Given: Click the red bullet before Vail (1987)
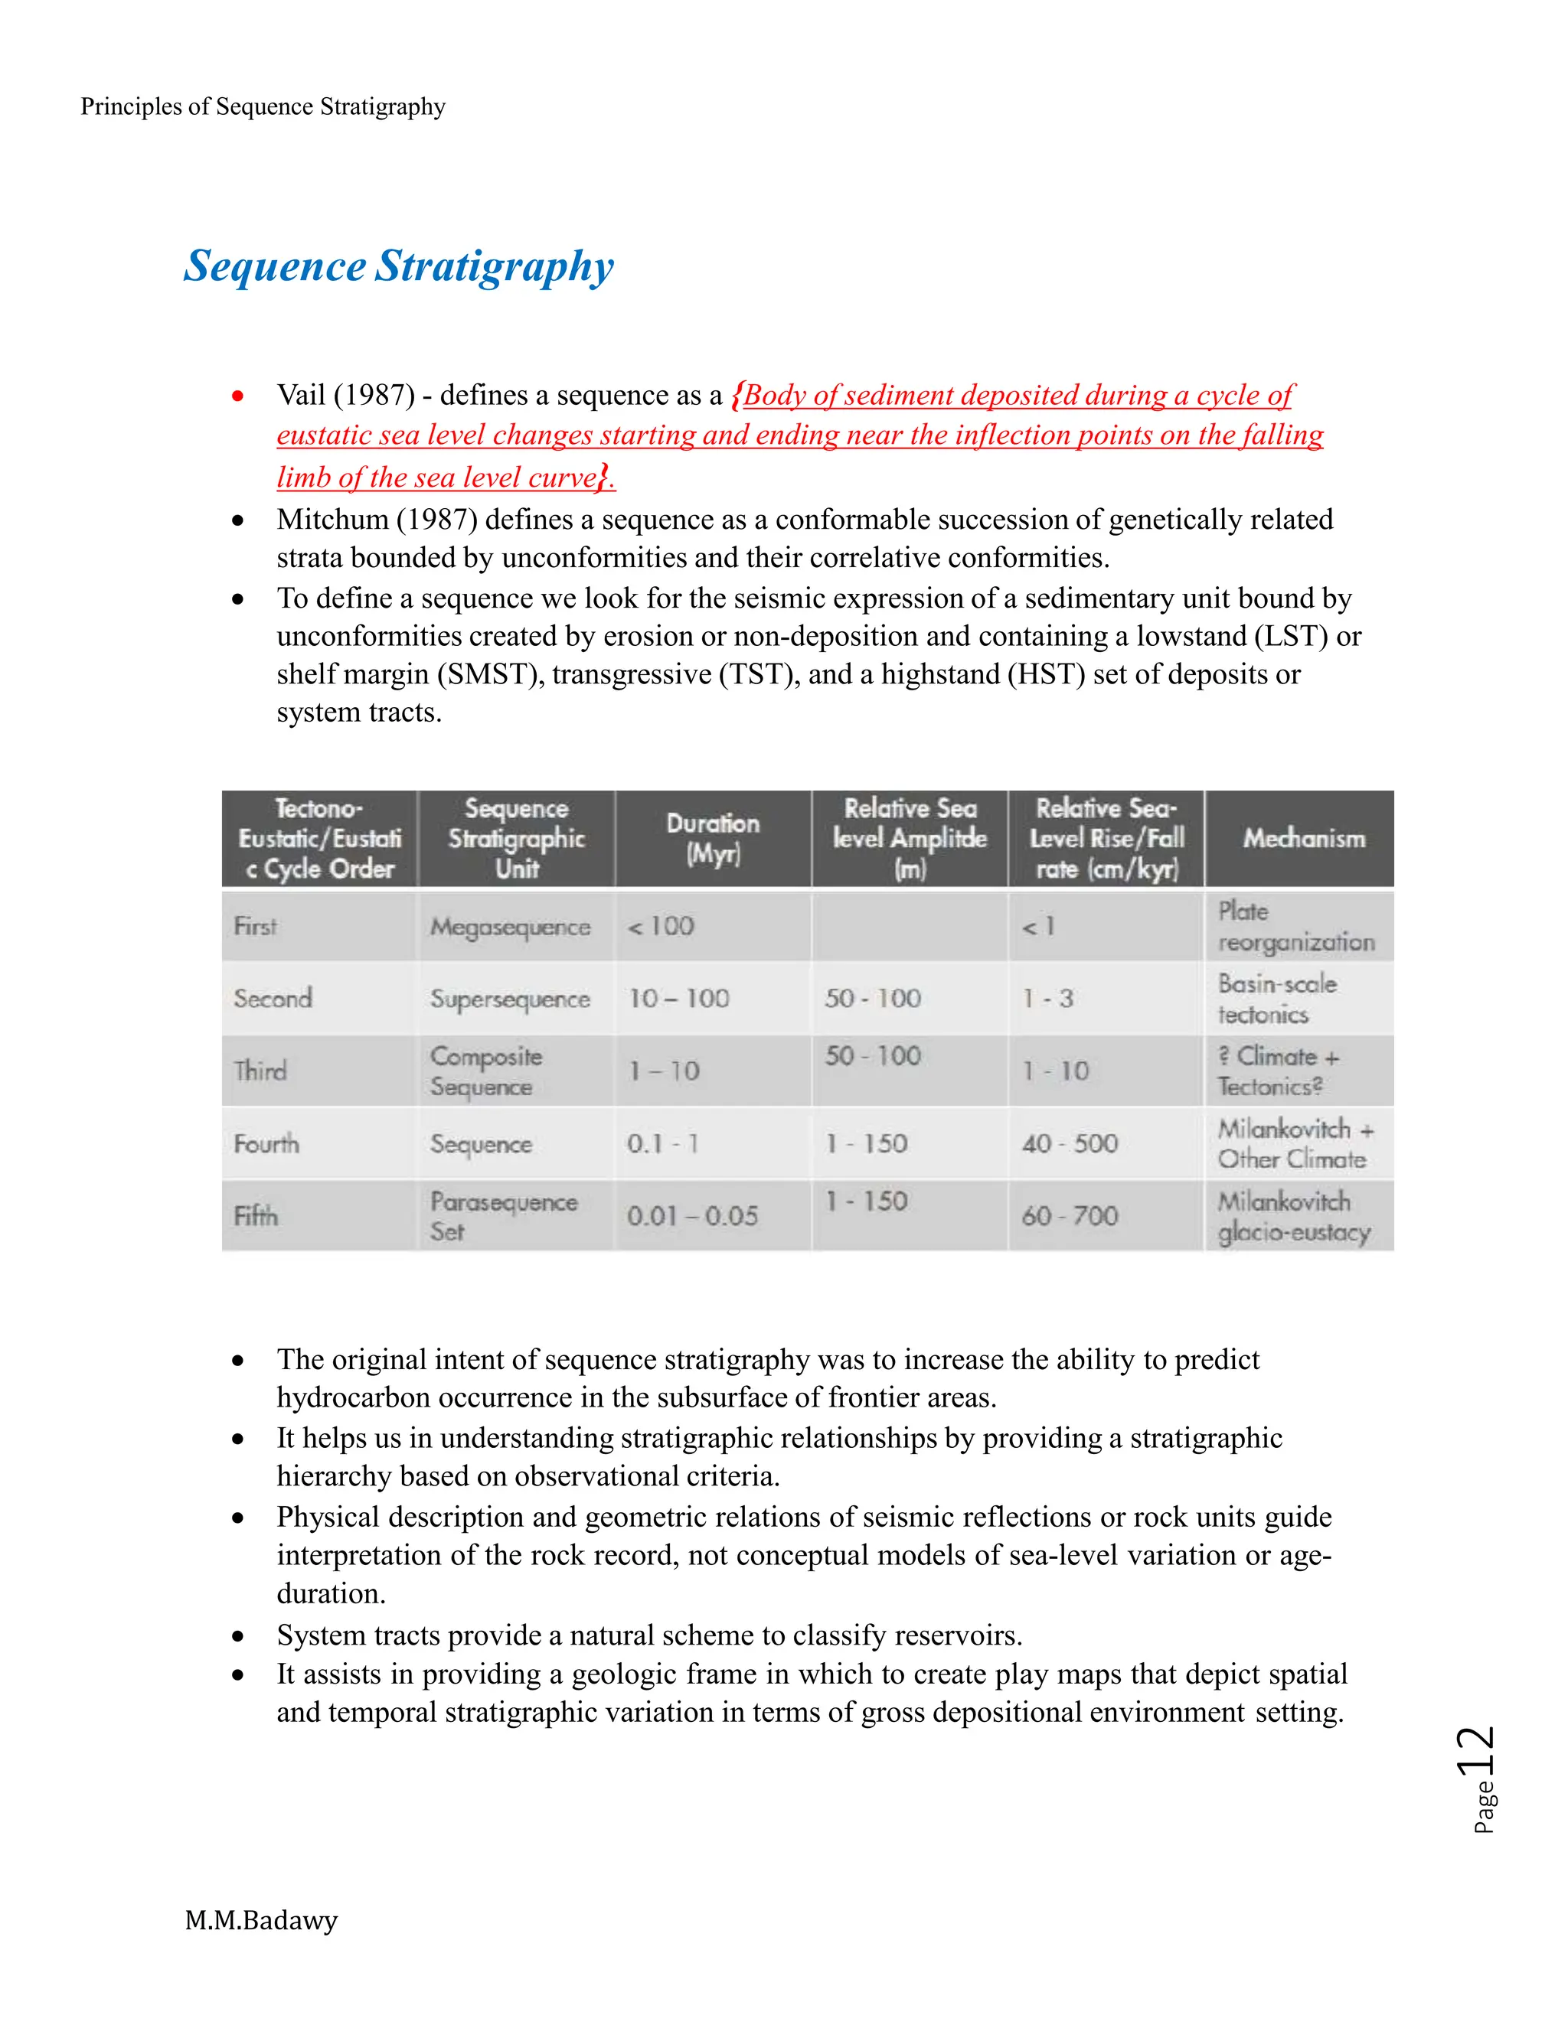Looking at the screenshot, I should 239,396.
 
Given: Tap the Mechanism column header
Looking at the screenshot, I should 1303,839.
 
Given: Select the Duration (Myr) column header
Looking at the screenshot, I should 713,839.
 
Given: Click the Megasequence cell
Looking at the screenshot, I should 510,927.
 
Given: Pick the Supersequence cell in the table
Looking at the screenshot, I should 510,999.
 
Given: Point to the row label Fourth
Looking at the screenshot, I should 266,1144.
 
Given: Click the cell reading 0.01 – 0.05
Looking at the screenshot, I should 692,1217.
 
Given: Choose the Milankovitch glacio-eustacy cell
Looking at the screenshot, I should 1293,1217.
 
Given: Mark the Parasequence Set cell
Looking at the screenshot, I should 502,1217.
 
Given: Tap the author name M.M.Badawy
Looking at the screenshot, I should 261,1919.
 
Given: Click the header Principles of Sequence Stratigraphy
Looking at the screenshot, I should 263,107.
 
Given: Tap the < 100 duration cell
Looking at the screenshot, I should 661,927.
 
